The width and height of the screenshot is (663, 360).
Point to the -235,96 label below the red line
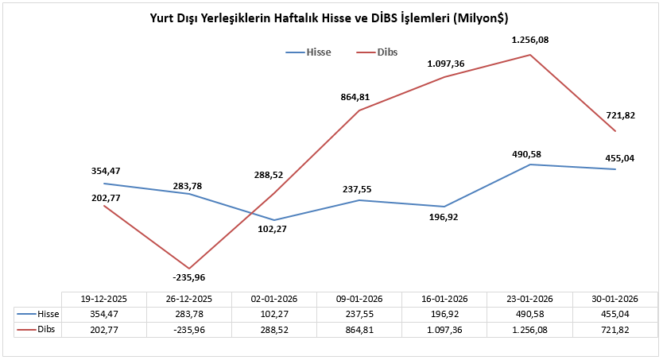pyautogui.click(x=188, y=277)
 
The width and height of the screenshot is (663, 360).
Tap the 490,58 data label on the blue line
pyautogui.click(x=530, y=153)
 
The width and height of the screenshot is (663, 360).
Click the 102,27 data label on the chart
pyautogui.click(x=273, y=230)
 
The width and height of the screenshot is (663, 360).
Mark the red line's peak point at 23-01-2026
pyautogui.click(x=530, y=55)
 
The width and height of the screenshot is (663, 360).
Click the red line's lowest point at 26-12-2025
pyautogui.click(x=188, y=268)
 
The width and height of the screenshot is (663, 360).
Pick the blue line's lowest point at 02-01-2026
pyautogui.click(x=273, y=220)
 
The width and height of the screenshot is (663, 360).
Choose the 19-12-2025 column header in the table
pyautogui.click(x=104, y=300)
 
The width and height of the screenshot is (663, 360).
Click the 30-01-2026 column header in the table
pyautogui.click(x=615, y=300)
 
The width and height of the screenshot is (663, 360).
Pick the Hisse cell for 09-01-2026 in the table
pyautogui.click(x=359, y=314)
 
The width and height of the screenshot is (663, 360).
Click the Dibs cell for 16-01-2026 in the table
pyautogui.click(x=444, y=328)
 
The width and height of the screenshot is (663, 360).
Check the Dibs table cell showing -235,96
pyautogui.click(x=189, y=328)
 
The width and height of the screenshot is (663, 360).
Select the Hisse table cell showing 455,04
pyautogui.click(x=615, y=314)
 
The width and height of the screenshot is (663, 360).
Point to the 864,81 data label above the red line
pyautogui.click(x=355, y=97)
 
